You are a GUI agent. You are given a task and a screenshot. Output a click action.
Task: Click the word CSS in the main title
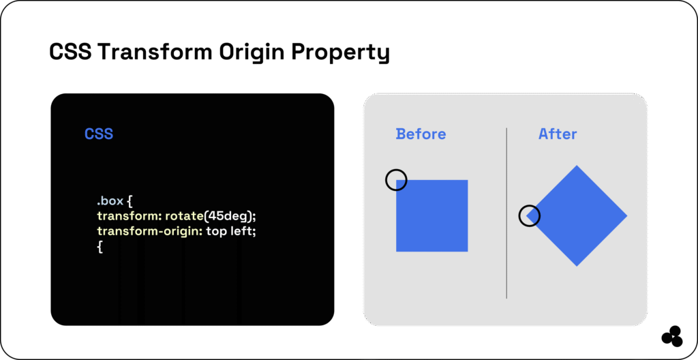pos(70,52)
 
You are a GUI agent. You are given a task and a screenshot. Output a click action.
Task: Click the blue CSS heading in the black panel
pos(99,134)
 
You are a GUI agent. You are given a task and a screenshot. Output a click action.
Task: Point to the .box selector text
pos(110,201)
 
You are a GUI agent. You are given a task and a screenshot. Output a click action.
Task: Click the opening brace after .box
pos(130,202)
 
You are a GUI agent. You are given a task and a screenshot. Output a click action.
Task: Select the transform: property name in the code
pos(129,217)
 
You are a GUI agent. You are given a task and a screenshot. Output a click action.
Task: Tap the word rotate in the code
pos(184,217)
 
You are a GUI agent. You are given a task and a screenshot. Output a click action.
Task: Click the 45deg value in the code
pos(229,217)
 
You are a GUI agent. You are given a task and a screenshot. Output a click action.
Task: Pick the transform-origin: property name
pos(149,232)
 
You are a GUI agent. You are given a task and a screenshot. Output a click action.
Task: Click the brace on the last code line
pos(100,247)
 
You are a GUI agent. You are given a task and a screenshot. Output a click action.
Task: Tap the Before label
pos(421,134)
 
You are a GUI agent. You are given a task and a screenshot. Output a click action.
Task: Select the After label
pos(558,134)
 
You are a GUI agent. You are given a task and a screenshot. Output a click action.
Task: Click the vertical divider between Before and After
pos(506,213)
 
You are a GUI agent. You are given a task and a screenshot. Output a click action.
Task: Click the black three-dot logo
pos(671,336)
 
